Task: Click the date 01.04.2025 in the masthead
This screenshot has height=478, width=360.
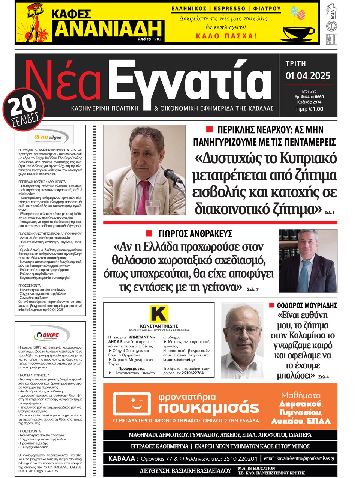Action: [x=308, y=76]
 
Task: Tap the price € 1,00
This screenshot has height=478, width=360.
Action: [x=315, y=109]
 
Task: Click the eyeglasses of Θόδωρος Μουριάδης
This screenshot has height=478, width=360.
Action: [x=242, y=331]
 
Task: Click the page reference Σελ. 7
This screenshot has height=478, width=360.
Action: [x=253, y=289]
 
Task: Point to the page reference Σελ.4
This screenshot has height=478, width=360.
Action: [x=323, y=376]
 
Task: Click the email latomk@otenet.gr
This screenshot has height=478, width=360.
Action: [x=179, y=360]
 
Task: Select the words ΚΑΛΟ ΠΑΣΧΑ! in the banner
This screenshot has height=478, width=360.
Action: [x=226, y=36]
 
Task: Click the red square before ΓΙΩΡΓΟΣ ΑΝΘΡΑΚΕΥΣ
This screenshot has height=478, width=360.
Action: [x=149, y=233]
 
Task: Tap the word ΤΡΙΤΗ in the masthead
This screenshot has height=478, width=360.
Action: [x=296, y=64]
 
